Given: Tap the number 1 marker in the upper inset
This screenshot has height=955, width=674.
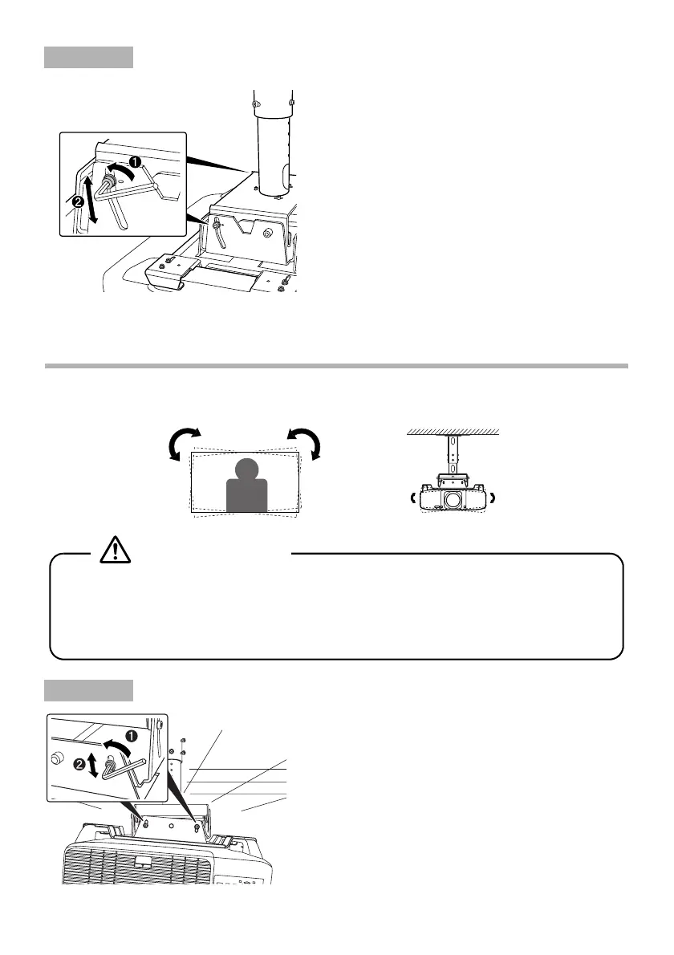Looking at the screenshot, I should pos(136,161).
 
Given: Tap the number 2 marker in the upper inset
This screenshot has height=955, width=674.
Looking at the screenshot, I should pos(78,202).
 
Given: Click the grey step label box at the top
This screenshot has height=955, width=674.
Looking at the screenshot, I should pos(88,58).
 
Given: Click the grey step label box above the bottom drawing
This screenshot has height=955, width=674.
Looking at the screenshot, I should pos(88,689).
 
